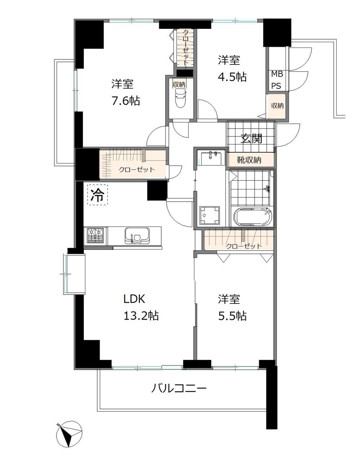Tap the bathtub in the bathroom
point(253,216)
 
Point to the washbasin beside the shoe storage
point(211,158)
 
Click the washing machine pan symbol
point(210,215)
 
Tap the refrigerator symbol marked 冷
point(98,195)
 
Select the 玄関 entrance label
point(251,139)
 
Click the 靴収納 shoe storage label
point(249,160)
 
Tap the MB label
point(277,75)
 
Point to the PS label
point(276,86)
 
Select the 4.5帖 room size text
point(233,77)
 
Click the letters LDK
point(134,299)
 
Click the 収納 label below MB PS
point(277,105)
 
